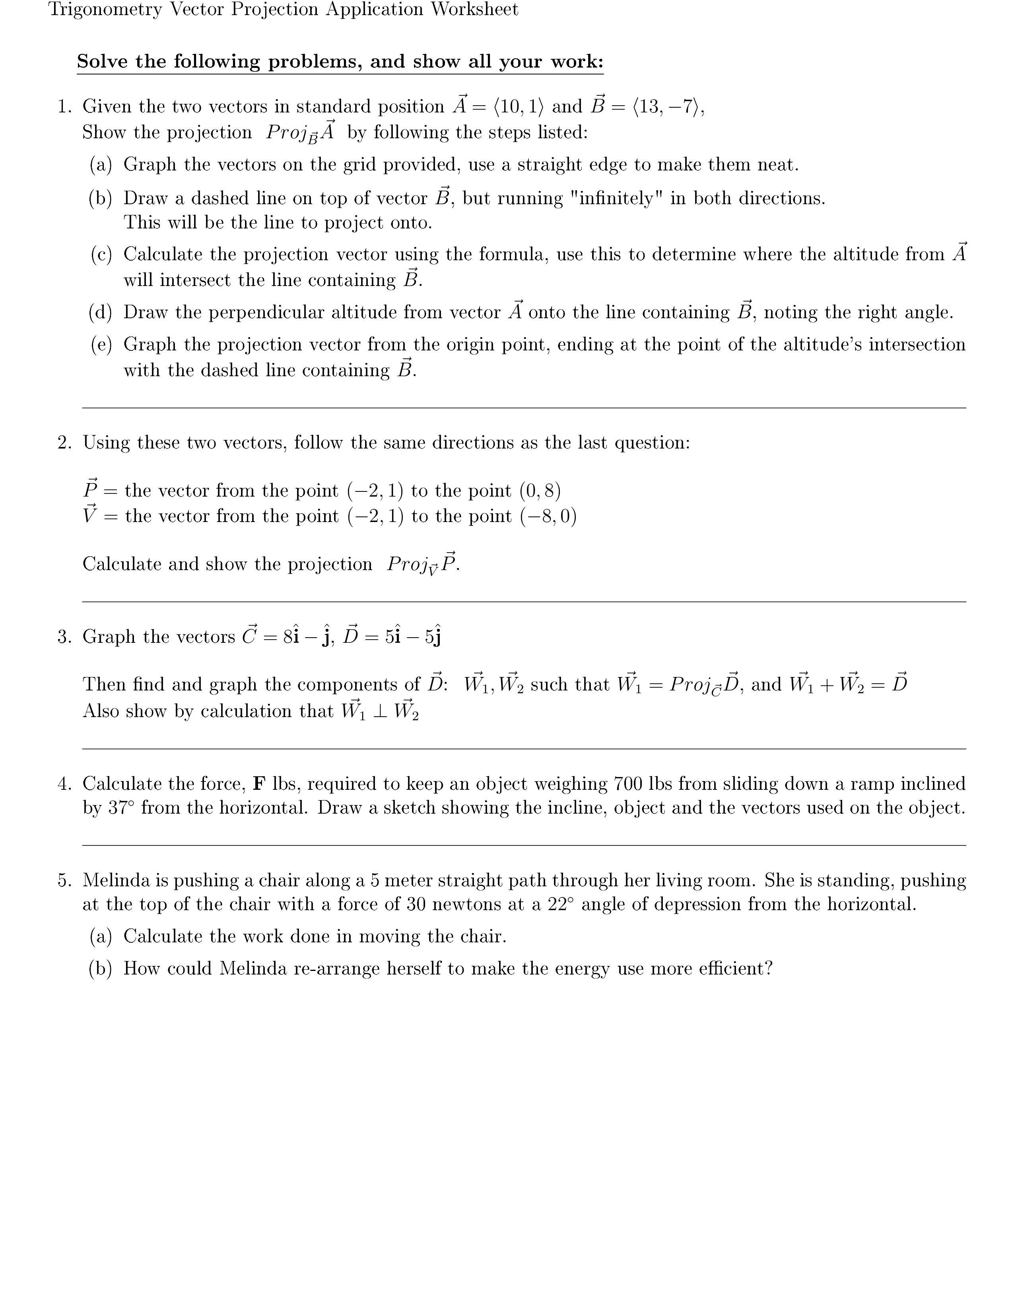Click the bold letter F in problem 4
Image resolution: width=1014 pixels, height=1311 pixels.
259,784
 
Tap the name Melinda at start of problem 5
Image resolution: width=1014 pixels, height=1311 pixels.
116,881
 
